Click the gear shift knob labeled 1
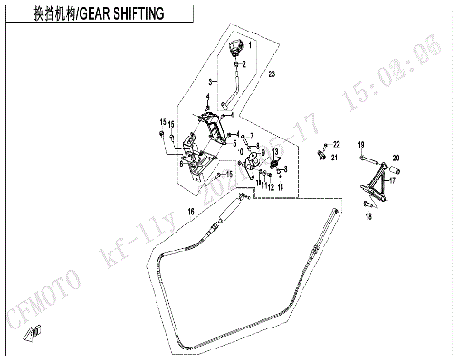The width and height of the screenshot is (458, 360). pos(239,48)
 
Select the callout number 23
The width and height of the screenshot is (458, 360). pos(272,74)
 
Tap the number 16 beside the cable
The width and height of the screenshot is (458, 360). pos(190,211)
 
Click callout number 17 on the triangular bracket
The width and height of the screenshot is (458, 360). pos(392,180)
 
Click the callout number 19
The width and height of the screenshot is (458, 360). pos(362,144)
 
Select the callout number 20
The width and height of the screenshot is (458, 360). pos(396,159)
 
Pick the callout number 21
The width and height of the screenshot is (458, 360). pos(335,158)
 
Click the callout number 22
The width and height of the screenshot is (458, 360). pos(336,143)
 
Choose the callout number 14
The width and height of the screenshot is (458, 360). pos(281,188)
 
